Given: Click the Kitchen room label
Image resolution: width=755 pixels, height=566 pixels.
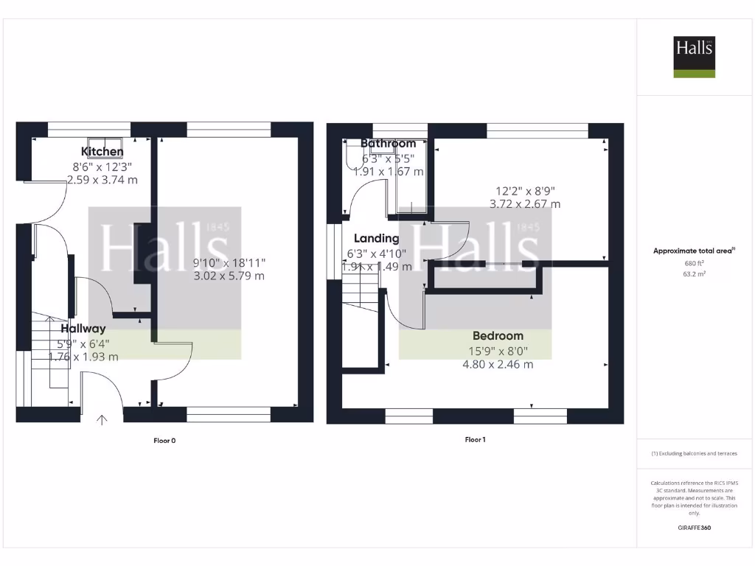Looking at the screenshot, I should [102, 152].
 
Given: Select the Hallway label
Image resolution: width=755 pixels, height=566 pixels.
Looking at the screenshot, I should [83, 329].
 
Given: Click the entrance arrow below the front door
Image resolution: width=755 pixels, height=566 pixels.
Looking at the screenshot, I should [102, 420].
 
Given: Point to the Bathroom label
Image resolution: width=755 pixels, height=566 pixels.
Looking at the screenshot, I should [389, 144].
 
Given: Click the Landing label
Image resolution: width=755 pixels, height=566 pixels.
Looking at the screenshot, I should [377, 239].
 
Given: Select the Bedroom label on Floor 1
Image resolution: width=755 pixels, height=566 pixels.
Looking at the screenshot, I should [498, 336].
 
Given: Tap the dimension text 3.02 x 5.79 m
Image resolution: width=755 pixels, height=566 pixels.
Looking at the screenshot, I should [229, 276].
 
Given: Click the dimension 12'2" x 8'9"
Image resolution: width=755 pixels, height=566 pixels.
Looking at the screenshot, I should [524, 190].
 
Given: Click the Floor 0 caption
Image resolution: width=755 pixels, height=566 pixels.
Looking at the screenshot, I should [164, 441].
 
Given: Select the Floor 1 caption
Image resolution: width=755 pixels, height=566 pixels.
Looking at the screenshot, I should [476, 440].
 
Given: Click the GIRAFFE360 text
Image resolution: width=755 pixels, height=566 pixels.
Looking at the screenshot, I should [694, 528].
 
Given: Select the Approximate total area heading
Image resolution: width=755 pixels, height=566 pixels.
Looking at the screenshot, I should [694, 251].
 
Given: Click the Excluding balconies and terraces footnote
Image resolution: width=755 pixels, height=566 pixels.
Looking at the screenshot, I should [694, 454].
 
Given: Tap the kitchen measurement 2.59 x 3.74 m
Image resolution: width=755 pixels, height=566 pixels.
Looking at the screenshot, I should [102, 179].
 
